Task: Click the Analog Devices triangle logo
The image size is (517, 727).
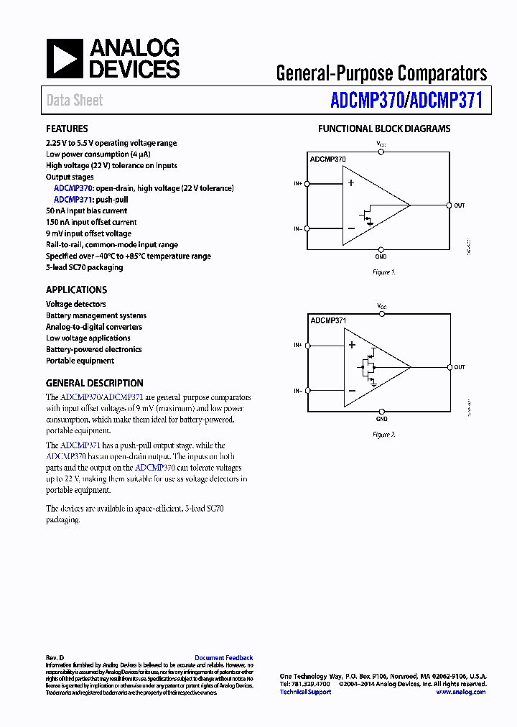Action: [x=65, y=59]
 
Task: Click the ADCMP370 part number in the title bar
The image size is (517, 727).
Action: [x=366, y=100]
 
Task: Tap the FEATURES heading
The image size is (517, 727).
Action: [x=67, y=129]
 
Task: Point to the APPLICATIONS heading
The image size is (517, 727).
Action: [x=76, y=290]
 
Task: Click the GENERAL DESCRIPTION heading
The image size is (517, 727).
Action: [x=95, y=383]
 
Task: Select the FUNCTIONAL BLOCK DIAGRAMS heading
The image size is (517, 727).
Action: [x=384, y=129]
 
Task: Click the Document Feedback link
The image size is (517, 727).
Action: [x=223, y=657]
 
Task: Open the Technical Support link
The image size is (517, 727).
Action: [x=305, y=692]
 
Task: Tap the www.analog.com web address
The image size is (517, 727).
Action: [x=460, y=692]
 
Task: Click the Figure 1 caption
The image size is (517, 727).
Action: [x=383, y=272]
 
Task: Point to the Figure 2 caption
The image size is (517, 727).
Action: [x=383, y=435]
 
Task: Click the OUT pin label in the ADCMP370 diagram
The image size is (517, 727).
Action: [x=460, y=205]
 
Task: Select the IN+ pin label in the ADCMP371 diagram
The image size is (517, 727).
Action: [x=297, y=346]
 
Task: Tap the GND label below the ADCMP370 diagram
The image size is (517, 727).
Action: [x=381, y=256]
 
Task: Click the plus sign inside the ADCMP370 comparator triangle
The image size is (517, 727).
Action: [x=351, y=182]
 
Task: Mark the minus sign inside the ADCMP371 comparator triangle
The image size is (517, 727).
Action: [x=352, y=391]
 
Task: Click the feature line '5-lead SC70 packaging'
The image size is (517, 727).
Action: [x=84, y=267]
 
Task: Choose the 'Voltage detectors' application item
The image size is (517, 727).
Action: [x=76, y=304]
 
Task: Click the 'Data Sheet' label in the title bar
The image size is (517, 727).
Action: [x=75, y=101]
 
